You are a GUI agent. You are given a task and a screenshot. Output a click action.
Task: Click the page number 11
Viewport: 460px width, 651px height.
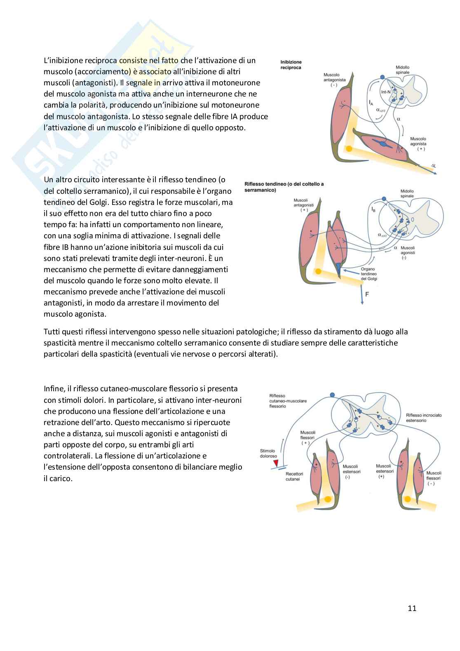click(x=412, y=608)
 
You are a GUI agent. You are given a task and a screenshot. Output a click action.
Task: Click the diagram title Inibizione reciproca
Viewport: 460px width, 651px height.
click(x=291, y=65)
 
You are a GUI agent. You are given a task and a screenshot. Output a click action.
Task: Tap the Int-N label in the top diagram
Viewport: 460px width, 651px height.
click(x=386, y=92)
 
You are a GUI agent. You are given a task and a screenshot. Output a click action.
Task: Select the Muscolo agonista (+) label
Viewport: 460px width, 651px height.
click(x=418, y=144)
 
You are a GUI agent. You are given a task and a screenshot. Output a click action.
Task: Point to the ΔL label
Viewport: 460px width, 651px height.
click(x=433, y=166)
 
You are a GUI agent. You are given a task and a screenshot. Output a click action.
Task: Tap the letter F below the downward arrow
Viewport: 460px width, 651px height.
click(x=367, y=294)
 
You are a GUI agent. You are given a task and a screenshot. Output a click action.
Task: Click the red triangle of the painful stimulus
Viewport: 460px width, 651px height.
click(x=276, y=463)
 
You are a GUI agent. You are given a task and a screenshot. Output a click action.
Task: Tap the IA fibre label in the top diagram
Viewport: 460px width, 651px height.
click(x=371, y=102)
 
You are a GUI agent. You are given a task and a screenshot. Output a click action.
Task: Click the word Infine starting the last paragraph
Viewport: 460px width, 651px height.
click(x=54, y=388)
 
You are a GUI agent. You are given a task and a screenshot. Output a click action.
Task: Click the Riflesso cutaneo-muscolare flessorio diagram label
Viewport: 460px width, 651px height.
click(x=288, y=401)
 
